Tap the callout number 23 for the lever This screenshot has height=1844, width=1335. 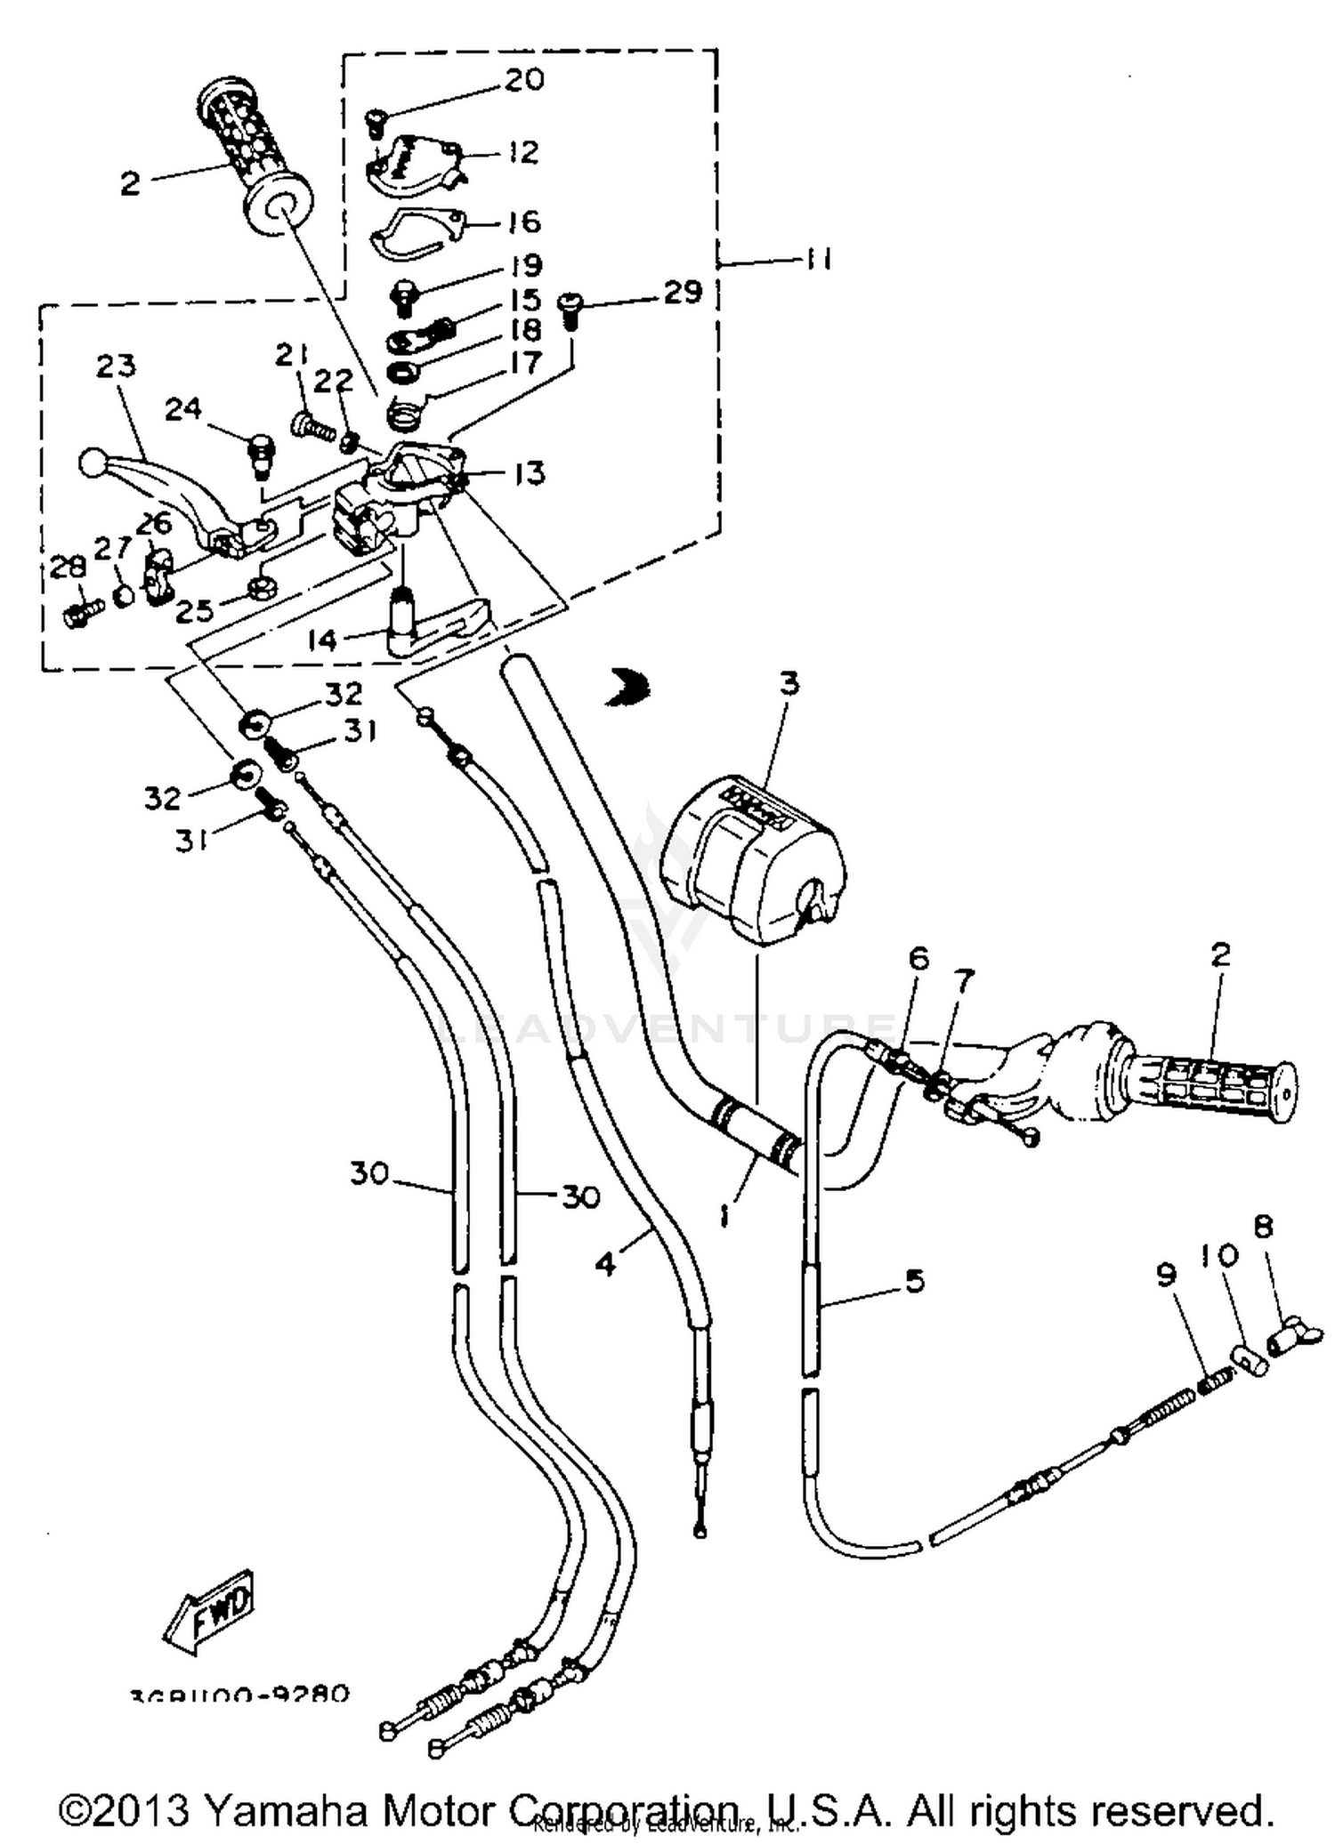click(x=116, y=366)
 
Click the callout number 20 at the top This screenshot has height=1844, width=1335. click(x=524, y=80)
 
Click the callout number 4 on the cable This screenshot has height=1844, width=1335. click(x=606, y=1264)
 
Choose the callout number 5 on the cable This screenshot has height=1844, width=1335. click(x=914, y=1281)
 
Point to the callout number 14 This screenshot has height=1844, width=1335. click(x=322, y=639)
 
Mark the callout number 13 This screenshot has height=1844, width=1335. click(x=529, y=473)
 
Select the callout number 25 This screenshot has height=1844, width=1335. click(x=195, y=610)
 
